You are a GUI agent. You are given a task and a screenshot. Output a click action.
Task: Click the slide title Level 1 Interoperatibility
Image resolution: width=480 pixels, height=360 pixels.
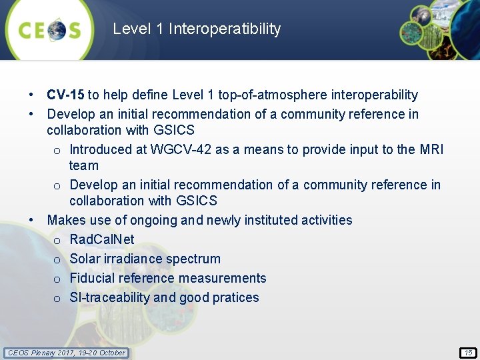click(197, 29)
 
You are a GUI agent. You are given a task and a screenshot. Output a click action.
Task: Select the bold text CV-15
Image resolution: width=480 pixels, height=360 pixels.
click(65, 95)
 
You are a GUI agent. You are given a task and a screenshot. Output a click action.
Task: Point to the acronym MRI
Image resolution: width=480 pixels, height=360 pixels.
click(431, 149)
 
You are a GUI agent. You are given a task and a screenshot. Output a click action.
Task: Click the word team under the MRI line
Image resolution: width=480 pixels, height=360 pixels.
click(84, 165)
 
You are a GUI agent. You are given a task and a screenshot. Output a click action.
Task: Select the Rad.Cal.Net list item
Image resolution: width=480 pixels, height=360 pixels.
click(101, 239)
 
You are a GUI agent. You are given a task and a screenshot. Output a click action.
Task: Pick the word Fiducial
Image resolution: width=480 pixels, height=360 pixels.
click(94, 278)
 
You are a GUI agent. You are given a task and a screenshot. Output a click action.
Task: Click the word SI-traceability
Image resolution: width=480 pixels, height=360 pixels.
click(109, 297)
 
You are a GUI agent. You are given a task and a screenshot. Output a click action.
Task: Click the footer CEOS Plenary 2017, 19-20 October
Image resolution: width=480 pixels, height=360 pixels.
click(66, 353)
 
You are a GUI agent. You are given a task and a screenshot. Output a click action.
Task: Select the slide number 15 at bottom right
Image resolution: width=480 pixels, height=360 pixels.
click(468, 353)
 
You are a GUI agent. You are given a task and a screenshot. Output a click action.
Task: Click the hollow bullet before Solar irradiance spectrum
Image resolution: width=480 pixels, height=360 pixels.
click(58, 259)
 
